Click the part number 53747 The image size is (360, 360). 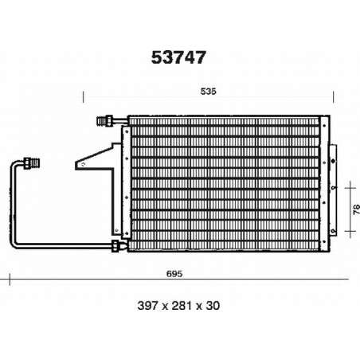pos(178,57)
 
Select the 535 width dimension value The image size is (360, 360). pos(209,92)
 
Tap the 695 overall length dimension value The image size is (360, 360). pos(174,273)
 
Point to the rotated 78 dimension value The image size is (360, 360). pos(356,209)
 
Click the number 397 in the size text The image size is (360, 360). pos(147,306)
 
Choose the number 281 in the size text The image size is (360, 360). pos(182,306)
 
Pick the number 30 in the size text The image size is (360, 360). pos(213,306)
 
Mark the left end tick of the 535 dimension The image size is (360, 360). pos(84,97)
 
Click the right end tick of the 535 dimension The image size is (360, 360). pos(334,97)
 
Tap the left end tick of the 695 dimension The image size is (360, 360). pos(10,280)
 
